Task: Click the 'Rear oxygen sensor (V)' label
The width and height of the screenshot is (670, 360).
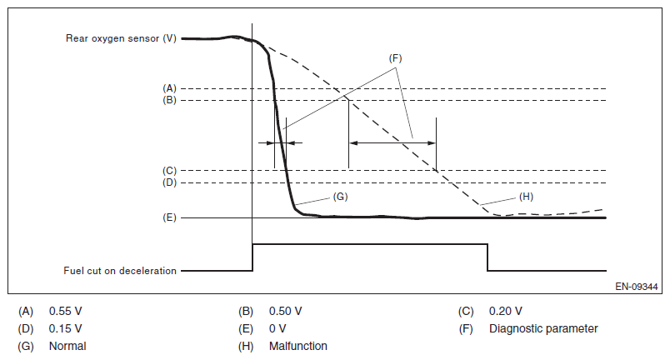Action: tap(121, 38)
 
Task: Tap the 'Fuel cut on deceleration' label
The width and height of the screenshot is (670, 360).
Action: tap(120, 271)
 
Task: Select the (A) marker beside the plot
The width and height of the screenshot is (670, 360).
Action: tap(169, 87)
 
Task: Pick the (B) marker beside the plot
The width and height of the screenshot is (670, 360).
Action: tap(169, 101)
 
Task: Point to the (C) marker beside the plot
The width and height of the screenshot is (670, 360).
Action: tap(169, 170)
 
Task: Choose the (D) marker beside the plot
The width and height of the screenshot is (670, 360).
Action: tap(169, 182)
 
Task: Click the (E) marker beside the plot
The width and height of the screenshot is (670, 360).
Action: tap(169, 217)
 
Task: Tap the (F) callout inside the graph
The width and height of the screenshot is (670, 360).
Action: tap(395, 58)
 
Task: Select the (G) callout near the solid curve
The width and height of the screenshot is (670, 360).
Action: tap(339, 197)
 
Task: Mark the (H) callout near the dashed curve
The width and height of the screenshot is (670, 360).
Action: tap(526, 197)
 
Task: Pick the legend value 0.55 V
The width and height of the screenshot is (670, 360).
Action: tap(65, 311)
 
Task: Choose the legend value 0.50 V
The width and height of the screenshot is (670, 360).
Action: tap(285, 311)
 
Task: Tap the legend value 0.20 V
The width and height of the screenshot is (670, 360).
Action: tap(505, 311)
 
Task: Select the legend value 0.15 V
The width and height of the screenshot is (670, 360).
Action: tap(65, 328)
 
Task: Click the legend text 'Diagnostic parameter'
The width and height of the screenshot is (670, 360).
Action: tap(543, 328)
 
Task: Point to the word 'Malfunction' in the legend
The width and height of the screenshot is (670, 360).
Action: tap(297, 346)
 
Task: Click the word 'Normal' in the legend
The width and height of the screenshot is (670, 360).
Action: tap(67, 346)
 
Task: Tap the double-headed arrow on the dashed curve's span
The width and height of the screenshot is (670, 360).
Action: tap(392, 143)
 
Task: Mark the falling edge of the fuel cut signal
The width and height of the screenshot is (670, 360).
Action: tap(487, 257)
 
